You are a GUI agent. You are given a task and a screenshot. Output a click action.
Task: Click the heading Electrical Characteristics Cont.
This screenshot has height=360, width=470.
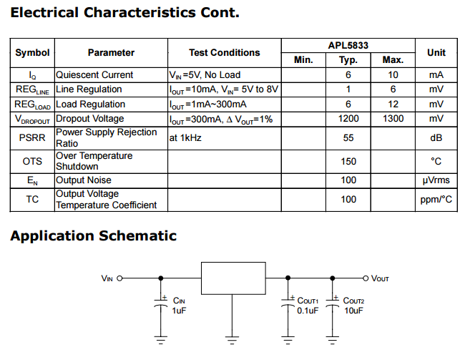[x=124, y=13]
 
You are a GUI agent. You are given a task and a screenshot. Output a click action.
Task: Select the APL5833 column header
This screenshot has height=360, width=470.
[x=348, y=45]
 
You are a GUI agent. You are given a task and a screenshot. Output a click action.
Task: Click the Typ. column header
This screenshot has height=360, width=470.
[x=348, y=60]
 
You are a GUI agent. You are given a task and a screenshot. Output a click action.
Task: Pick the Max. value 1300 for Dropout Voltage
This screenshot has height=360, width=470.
[x=393, y=119]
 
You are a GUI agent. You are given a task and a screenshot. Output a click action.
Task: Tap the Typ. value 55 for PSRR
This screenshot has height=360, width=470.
[x=348, y=137]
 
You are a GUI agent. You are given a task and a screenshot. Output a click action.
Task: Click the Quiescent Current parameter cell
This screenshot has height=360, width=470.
[x=94, y=74]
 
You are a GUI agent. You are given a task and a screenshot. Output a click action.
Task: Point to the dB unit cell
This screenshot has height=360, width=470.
[x=436, y=137]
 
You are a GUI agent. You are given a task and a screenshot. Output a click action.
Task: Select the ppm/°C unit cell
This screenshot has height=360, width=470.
[x=436, y=200]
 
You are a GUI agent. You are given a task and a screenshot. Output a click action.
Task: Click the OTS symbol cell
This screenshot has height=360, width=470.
[x=32, y=161]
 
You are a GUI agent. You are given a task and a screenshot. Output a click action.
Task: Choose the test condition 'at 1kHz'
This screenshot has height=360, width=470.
[x=185, y=137]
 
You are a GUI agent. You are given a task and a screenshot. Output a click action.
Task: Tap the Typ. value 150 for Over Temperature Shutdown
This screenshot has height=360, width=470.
[x=348, y=161]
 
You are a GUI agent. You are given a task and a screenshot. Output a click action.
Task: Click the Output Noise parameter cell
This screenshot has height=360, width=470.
[x=84, y=180]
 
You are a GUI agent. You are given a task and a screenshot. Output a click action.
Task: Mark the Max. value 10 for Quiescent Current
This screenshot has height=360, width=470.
[x=393, y=74]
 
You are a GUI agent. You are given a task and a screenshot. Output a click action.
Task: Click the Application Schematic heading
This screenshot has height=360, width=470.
[x=93, y=236]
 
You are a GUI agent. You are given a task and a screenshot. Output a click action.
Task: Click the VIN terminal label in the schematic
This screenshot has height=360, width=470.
[x=107, y=278]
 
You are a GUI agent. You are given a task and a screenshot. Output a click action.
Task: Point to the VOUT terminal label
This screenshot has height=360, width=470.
[x=380, y=278]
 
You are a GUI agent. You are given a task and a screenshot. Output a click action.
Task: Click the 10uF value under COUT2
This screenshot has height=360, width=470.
[x=353, y=311]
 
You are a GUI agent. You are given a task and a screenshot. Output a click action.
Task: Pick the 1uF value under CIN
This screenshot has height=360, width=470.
[x=178, y=311]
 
